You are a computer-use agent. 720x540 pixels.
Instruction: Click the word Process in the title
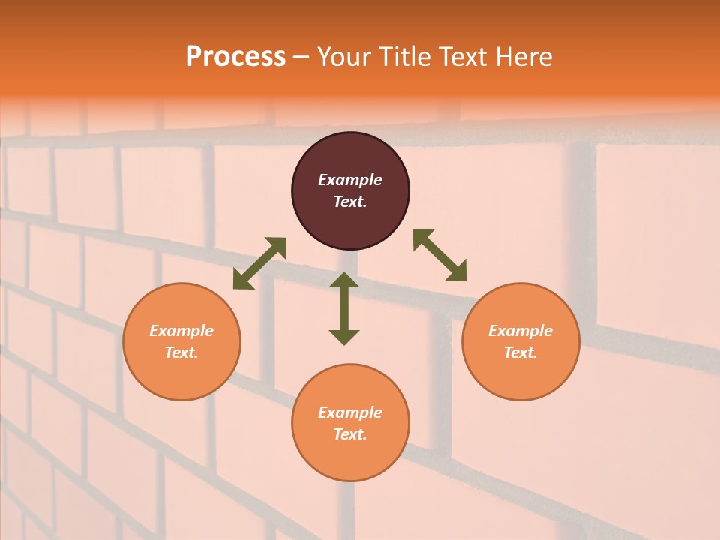(235, 57)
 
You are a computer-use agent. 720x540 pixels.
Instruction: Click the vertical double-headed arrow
(344, 308)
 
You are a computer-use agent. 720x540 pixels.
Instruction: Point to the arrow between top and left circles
(259, 263)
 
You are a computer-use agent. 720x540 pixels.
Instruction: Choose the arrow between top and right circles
(439, 255)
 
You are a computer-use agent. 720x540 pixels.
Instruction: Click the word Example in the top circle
(350, 180)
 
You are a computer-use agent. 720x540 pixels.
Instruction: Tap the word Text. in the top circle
(350, 202)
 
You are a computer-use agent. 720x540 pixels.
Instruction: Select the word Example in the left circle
(181, 331)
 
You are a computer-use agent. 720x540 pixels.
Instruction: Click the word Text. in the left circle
(181, 352)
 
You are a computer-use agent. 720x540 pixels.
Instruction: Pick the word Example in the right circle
(520, 331)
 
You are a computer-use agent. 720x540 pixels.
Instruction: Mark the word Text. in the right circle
(520, 352)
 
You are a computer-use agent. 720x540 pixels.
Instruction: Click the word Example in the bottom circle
(350, 412)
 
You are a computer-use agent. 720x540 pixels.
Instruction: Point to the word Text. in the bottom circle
(350, 434)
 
